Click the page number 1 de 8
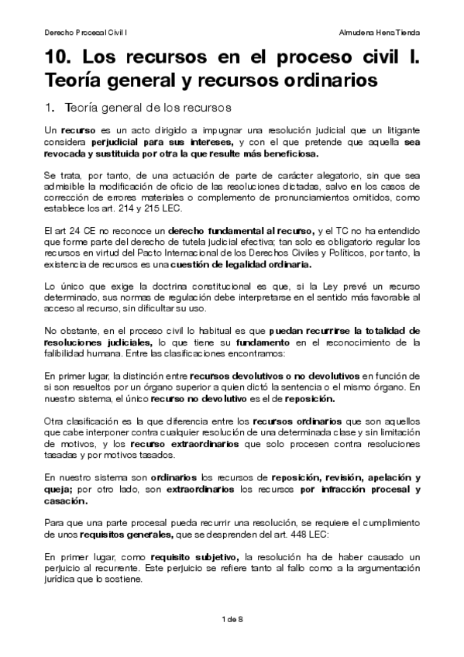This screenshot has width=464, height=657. tap(232, 617)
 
